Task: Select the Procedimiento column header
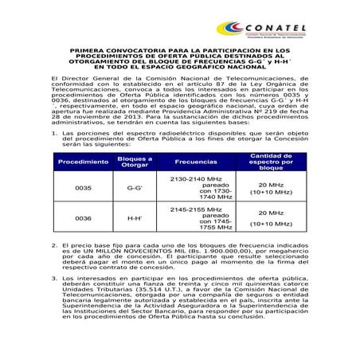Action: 83,162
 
